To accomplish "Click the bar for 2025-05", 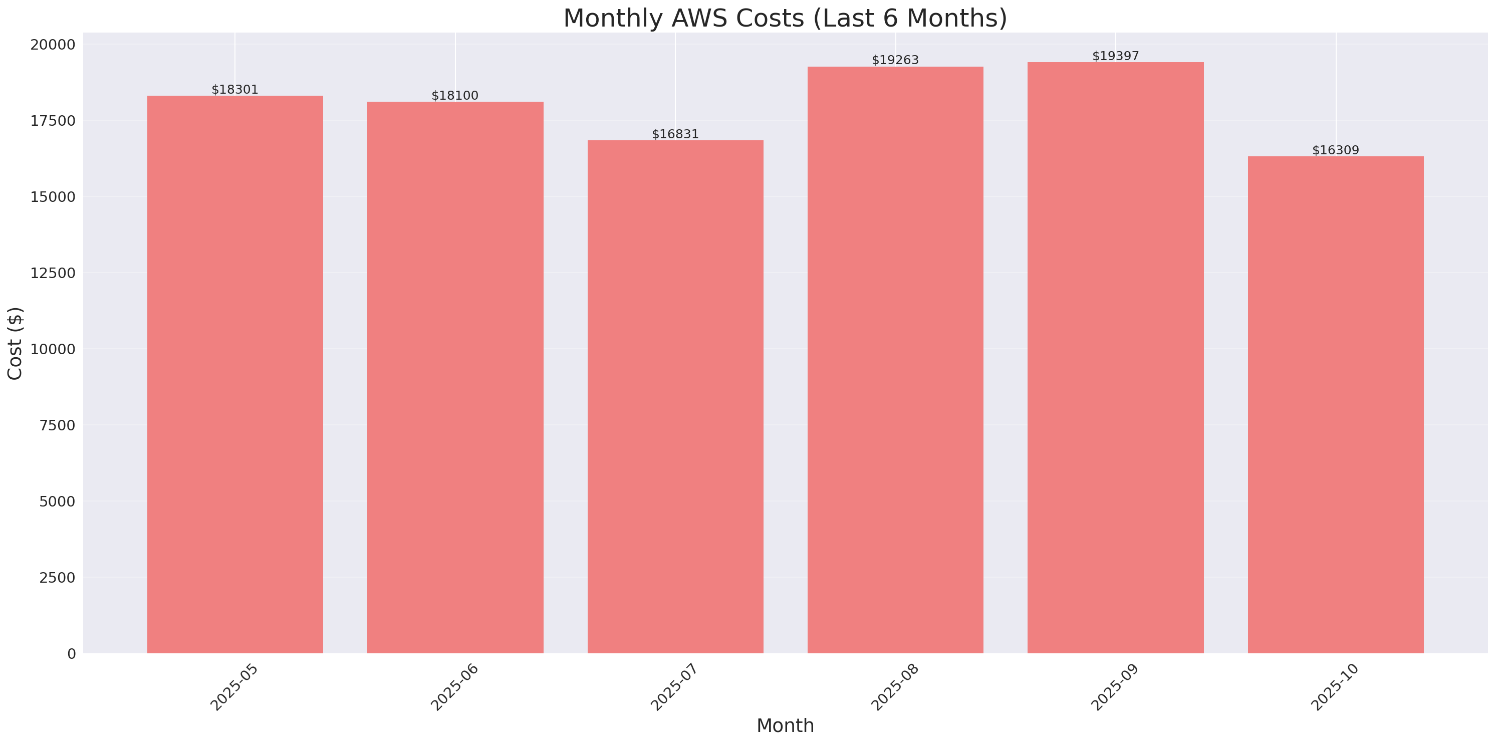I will point(235,374).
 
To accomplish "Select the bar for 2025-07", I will point(675,396).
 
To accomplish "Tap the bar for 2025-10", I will point(1335,405).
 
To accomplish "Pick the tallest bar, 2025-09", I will point(1115,358).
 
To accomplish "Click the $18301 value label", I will point(235,89).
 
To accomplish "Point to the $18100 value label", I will point(455,96).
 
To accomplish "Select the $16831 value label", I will point(675,134).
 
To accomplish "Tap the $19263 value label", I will point(895,60).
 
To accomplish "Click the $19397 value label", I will point(1115,56).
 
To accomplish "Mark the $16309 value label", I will point(1335,150).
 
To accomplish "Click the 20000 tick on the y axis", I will point(53,45).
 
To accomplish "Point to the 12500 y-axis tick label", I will point(53,273).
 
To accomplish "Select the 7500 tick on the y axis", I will point(57,425).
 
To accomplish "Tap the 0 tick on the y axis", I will point(71,654).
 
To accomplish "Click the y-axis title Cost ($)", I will point(15,343).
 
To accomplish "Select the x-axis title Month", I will point(785,725).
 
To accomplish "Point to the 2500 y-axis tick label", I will point(57,578).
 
